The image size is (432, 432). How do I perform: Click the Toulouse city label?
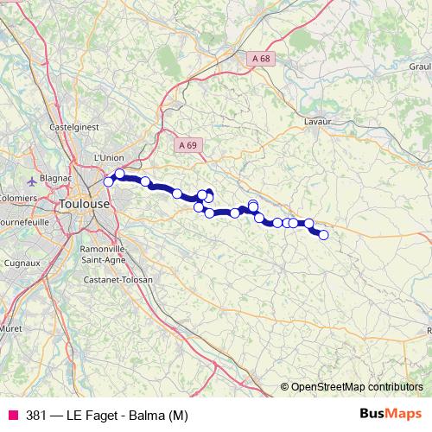pos(84,204)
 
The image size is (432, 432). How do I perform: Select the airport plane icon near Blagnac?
pos(33,181)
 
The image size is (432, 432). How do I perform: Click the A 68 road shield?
pos(263,58)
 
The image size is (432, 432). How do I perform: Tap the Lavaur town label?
pos(318,123)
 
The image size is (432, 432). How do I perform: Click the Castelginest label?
pos(77,126)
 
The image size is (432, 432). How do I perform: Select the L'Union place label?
pos(109,157)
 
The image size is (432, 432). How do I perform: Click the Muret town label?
pos(10,329)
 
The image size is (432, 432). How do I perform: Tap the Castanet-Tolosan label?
pos(118,280)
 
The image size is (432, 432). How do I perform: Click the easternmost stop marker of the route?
pos(324,234)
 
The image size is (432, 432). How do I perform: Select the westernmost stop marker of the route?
pos(109,181)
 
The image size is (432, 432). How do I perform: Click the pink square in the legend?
pos(13,414)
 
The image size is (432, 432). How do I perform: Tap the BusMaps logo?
pos(391,413)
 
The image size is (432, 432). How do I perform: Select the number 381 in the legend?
pos(37,414)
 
